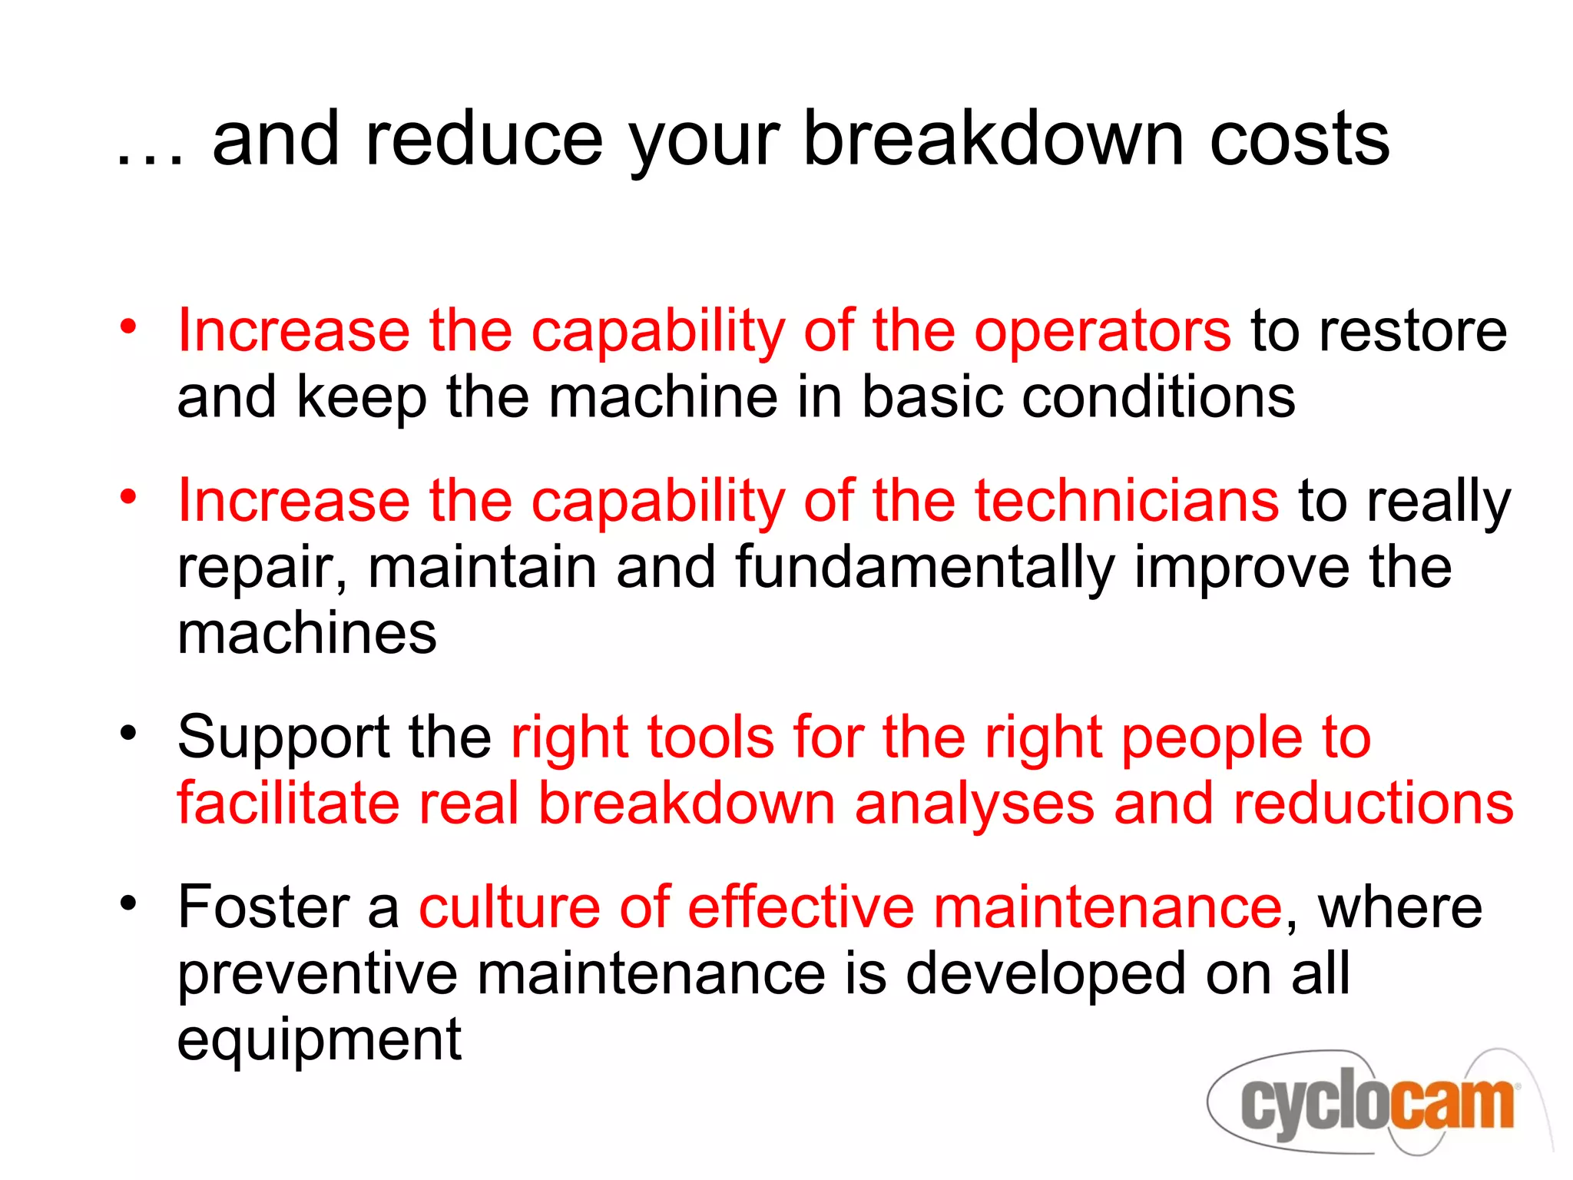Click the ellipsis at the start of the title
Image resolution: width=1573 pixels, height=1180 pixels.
[x=151, y=157]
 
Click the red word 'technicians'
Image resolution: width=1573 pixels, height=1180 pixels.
[x=1127, y=501]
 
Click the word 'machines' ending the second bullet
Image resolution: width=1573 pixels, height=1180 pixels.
[x=306, y=634]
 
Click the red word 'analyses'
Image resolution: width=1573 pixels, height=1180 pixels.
[x=974, y=804]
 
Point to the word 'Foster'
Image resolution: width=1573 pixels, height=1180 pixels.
[x=263, y=907]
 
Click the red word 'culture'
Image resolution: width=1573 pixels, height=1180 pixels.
[x=509, y=907]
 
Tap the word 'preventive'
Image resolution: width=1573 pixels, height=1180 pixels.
[x=317, y=975]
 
